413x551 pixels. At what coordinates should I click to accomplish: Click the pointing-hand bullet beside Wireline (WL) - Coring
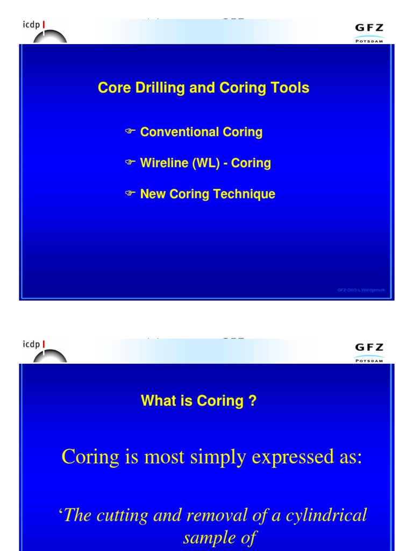(x=130, y=163)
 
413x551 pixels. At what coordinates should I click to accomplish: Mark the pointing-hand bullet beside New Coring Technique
(x=130, y=194)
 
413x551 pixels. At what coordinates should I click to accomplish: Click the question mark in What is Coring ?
(x=253, y=400)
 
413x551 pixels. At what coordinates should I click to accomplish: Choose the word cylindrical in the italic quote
(x=324, y=515)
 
